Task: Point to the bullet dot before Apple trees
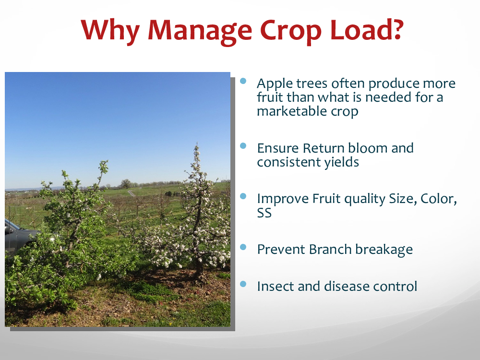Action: pos(243,81)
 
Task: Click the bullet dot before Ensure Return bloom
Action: pos(243,146)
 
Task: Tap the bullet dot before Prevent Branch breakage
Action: pos(243,247)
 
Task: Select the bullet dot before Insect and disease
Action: pos(243,284)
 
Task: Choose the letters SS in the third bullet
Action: pos(264,213)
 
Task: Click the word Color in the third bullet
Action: pos(439,199)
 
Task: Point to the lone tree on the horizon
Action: pos(125,184)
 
